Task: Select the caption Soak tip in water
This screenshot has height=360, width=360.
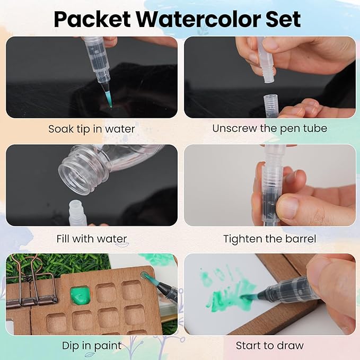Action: pyautogui.click(x=92, y=129)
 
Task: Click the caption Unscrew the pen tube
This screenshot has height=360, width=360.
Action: pyautogui.click(x=269, y=128)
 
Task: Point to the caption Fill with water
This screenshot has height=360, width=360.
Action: pyautogui.click(x=92, y=239)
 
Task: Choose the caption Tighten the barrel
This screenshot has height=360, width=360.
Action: pyautogui.click(x=269, y=239)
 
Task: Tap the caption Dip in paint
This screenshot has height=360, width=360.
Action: pyautogui.click(x=92, y=346)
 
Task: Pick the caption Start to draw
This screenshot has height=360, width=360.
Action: pyautogui.click(x=269, y=346)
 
